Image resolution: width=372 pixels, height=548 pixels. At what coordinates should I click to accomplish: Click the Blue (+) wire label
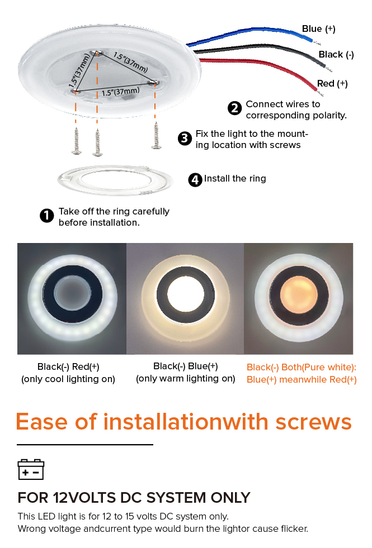click(x=318, y=28)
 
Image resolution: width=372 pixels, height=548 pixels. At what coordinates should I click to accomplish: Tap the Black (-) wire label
click(x=336, y=55)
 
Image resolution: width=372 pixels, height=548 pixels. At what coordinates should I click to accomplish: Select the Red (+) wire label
click(x=332, y=84)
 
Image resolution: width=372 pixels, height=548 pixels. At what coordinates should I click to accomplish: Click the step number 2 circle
click(x=234, y=108)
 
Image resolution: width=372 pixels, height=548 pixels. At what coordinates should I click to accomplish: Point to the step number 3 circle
click(x=185, y=139)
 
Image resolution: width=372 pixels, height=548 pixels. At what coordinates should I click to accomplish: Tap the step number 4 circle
click(x=195, y=180)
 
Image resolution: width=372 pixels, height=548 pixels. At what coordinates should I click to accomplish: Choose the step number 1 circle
click(x=47, y=216)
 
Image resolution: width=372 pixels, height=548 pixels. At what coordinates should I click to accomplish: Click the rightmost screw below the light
click(x=156, y=136)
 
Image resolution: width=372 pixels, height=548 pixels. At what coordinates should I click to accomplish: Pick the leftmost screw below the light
click(x=76, y=141)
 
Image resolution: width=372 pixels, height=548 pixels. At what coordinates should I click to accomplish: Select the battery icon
click(x=31, y=469)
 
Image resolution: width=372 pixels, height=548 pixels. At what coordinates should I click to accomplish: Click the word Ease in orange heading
click(x=41, y=422)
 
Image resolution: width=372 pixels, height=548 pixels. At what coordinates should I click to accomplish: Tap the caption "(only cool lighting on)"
click(x=68, y=379)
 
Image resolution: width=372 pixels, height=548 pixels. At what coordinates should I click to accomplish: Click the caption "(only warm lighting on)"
click(x=186, y=379)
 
